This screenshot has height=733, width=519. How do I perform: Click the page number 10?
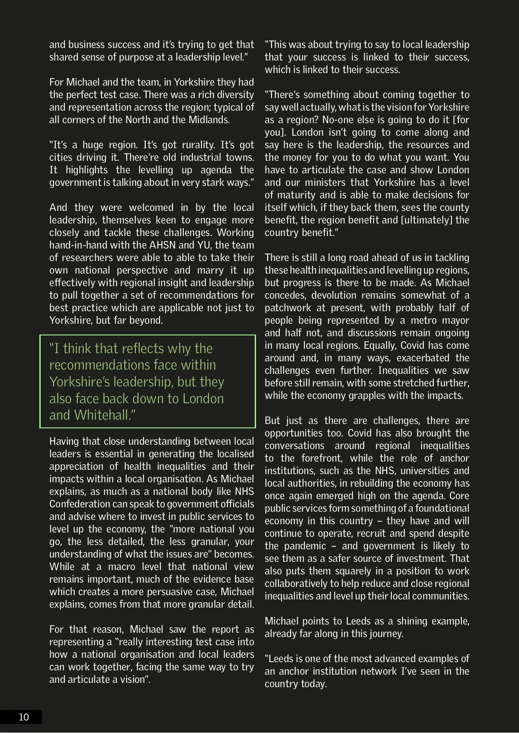pos(24,717)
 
